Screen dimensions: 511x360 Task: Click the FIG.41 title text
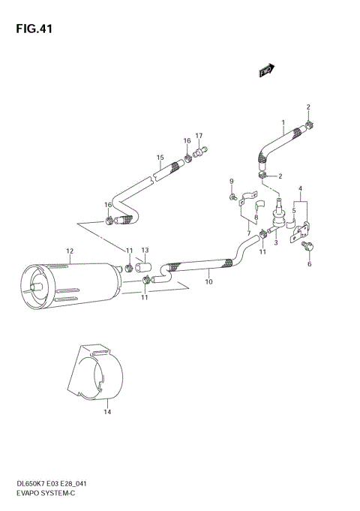31,29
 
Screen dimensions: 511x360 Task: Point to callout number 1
283,122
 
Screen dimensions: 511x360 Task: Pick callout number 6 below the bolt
308,264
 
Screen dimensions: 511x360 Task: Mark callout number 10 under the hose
208,282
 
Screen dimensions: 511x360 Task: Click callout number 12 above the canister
69,251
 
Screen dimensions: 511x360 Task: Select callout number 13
145,251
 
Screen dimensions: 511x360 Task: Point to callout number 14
106,412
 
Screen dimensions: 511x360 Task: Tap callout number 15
160,158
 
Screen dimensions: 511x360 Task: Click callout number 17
199,136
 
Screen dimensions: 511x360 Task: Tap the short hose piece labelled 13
144,267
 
